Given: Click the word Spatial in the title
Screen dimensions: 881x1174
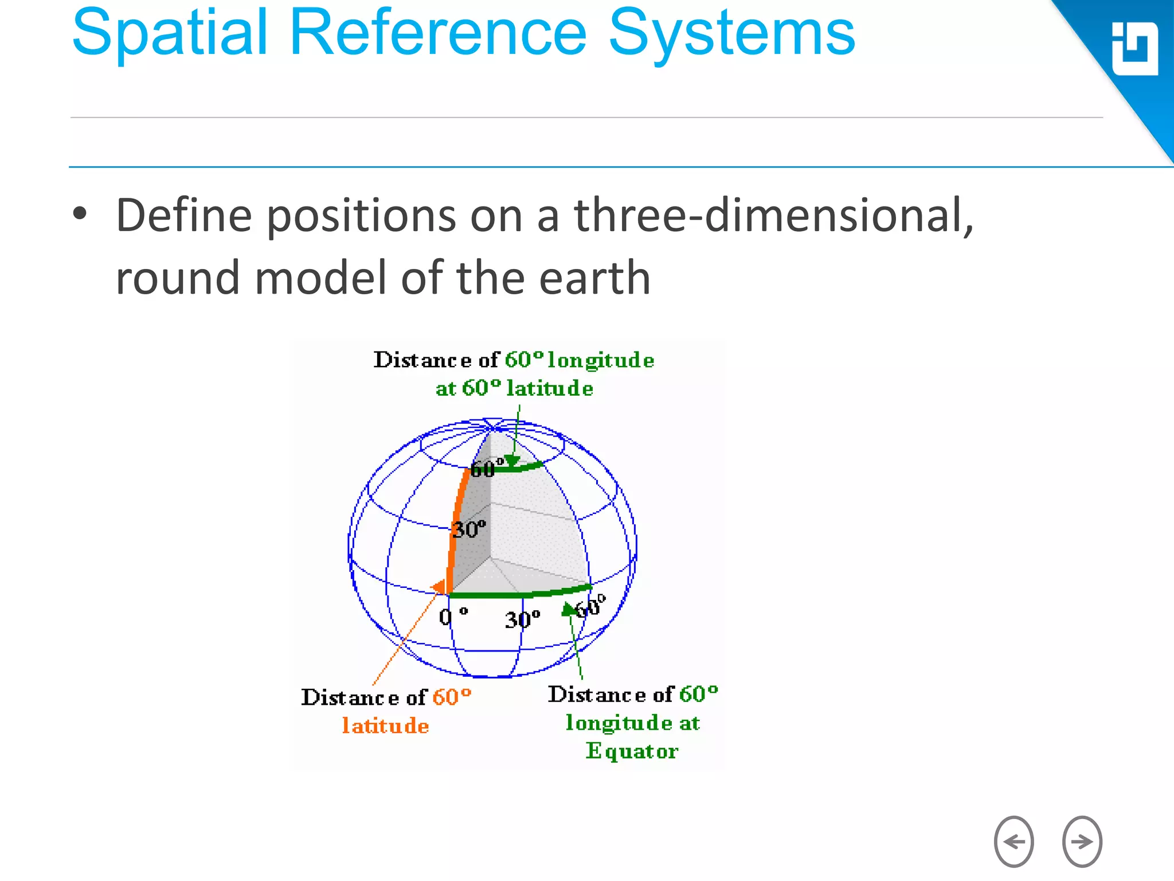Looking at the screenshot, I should pyautogui.click(x=170, y=34).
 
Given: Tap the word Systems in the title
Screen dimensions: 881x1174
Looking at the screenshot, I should pyautogui.click(x=731, y=34).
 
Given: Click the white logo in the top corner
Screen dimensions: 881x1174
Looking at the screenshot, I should pyautogui.click(x=1134, y=49).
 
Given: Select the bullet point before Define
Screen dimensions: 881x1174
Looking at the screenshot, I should pyautogui.click(x=80, y=214).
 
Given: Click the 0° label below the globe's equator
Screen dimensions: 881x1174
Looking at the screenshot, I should pyautogui.click(x=453, y=617).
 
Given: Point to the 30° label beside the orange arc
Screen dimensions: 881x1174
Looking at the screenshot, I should pyautogui.click(x=469, y=529).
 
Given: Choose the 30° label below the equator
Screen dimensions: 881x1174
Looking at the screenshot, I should pyautogui.click(x=522, y=619).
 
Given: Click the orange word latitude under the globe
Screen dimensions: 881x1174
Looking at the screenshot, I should pyautogui.click(x=385, y=726).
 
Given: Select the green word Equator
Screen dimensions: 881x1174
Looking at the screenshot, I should pyautogui.click(x=632, y=751).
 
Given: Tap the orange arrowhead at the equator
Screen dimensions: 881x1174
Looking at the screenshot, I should pyautogui.click(x=439, y=587).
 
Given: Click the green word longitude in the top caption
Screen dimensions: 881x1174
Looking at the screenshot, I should pyautogui.click(x=600, y=360).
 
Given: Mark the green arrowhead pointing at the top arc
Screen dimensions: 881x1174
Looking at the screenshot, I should pyautogui.click(x=512, y=461).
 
